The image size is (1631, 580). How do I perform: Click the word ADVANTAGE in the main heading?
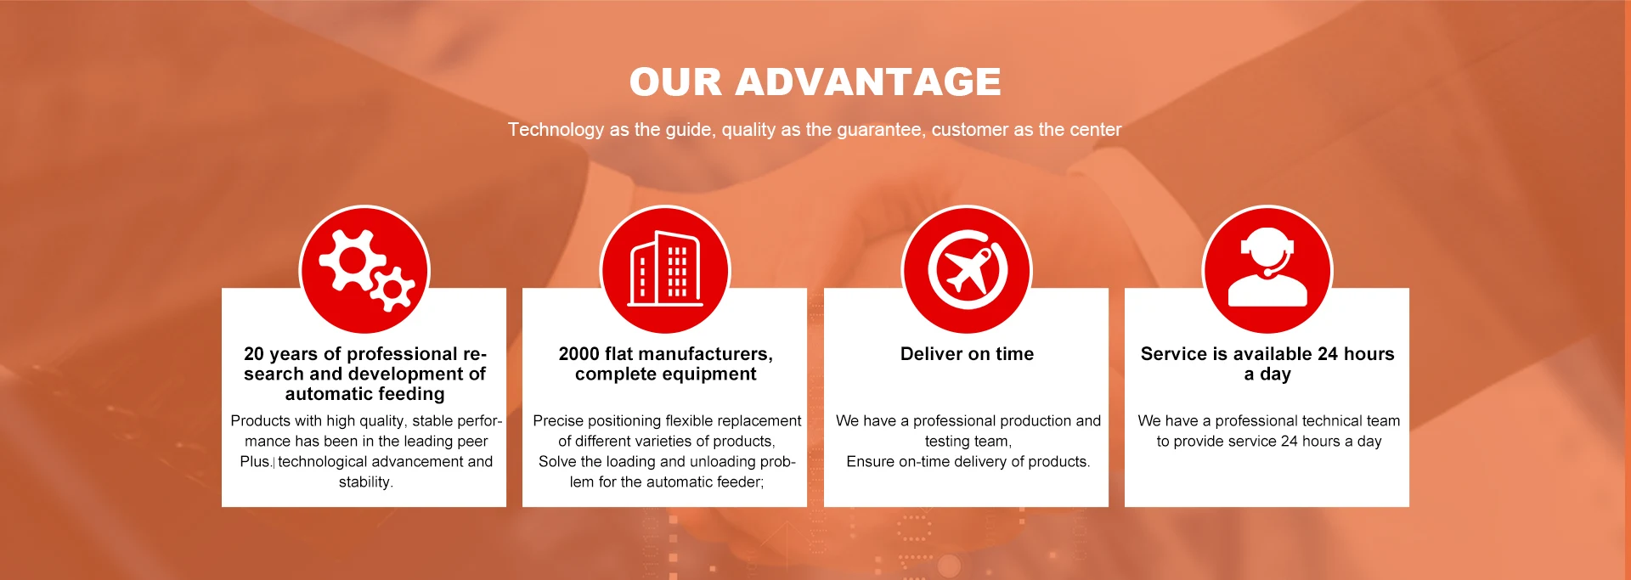point(867,82)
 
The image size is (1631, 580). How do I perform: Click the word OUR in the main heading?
point(675,82)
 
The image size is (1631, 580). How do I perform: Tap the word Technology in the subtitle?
point(556,130)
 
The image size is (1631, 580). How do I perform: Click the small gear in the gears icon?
point(392,290)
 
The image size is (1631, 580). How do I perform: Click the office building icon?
point(665,268)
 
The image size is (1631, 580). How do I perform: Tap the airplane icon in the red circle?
point(968,271)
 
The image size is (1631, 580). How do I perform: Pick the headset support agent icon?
point(1267,267)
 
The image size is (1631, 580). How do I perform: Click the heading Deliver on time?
point(967,354)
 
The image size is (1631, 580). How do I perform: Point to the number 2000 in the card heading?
point(578,354)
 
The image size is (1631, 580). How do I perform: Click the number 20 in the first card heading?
point(253,354)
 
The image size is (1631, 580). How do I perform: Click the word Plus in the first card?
point(254,462)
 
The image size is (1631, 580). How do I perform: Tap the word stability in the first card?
point(365,482)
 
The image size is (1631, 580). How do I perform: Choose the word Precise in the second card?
point(558,421)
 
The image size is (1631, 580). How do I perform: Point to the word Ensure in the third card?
point(870,462)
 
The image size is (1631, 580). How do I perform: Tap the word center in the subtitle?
point(1096,130)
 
